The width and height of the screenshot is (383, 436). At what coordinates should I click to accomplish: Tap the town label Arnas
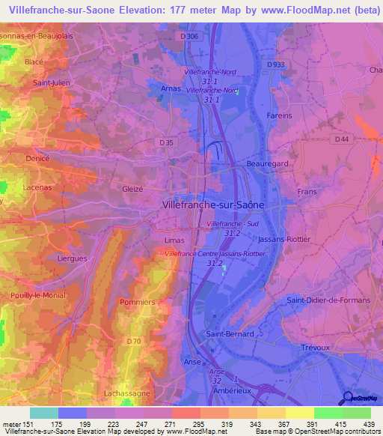click(x=171, y=88)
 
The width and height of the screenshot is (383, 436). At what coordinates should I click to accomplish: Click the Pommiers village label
click(x=136, y=302)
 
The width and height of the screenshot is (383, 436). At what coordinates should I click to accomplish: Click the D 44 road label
click(x=343, y=139)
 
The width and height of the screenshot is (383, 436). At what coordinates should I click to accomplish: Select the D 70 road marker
click(x=133, y=342)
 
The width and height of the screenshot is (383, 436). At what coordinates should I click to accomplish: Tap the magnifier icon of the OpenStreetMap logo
click(x=347, y=397)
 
